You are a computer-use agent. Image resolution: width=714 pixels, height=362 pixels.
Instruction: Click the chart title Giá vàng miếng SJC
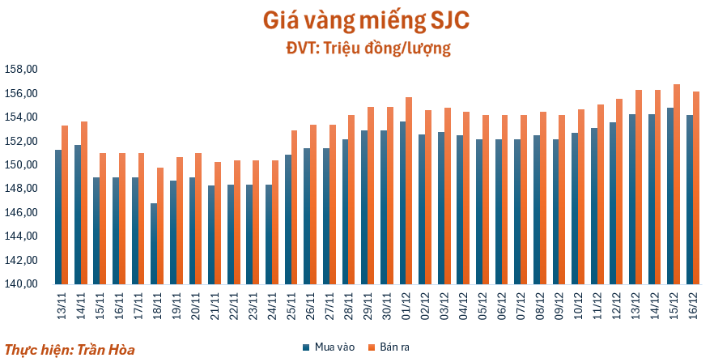356,19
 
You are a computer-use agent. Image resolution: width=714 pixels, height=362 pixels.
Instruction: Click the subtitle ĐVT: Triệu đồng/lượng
356,49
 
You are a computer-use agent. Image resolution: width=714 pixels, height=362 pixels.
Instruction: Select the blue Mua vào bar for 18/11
154,244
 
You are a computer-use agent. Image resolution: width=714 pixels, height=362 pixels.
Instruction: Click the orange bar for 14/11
84,202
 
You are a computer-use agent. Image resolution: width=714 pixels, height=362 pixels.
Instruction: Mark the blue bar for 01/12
402,202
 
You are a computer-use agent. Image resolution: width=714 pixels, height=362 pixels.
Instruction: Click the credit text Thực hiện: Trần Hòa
69,350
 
